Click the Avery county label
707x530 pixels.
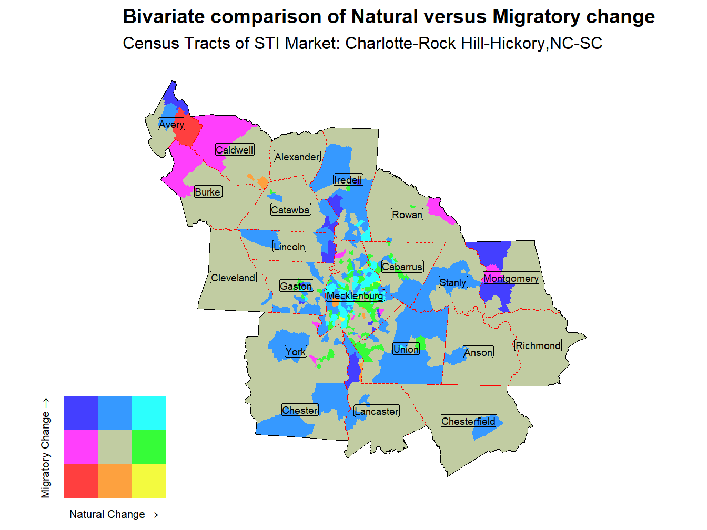pos(171,124)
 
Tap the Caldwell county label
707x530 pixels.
pos(235,150)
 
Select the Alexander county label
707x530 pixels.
pos(297,157)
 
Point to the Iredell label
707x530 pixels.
pos(348,180)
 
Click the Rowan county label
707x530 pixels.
pos(407,215)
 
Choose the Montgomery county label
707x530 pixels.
pos(511,278)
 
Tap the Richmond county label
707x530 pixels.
pos(538,345)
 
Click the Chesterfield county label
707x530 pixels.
pos(468,421)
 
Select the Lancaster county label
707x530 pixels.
pos(376,411)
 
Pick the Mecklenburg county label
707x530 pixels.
pos(355,295)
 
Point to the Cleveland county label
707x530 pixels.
pos(233,278)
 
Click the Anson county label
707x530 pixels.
pos(478,352)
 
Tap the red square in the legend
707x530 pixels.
pos(80,481)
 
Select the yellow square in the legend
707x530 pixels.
pos(149,481)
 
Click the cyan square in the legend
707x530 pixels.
pos(149,413)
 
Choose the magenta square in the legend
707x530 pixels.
pos(80,446)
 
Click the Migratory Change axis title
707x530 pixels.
pos(46,447)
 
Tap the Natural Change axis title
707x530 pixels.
pos(114,514)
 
